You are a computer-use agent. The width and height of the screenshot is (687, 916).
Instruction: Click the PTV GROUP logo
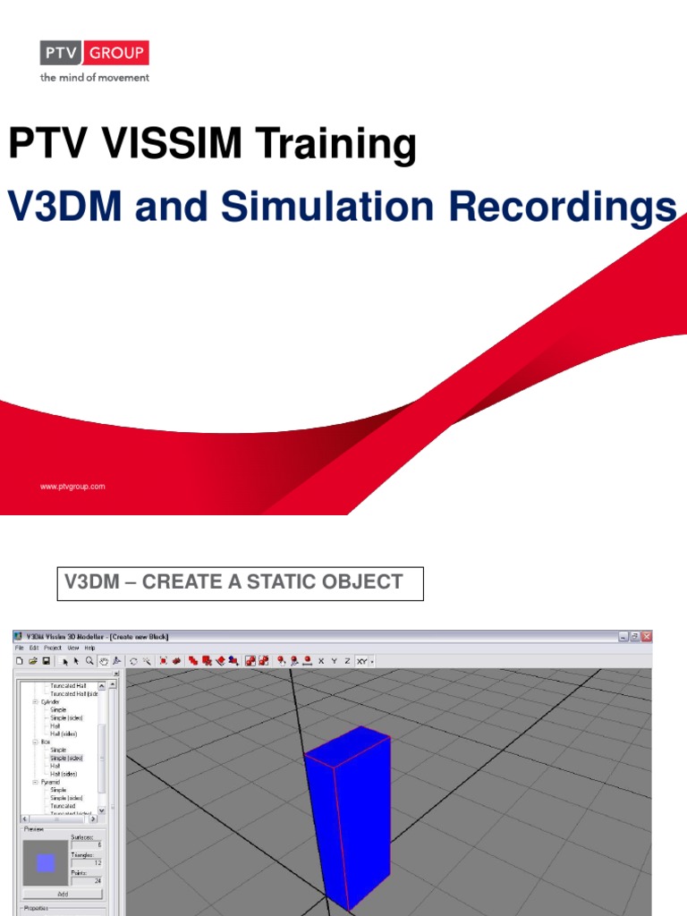(x=94, y=54)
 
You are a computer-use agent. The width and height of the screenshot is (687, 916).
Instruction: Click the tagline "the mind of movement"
(x=94, y=78)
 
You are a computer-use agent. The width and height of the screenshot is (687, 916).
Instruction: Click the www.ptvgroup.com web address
(x=72, y=487)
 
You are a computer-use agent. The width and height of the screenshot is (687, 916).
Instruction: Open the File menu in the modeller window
(x=19, y=648)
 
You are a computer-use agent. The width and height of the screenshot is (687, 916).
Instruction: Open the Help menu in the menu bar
(x=89, y=648)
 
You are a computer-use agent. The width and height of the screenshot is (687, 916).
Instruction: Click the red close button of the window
(x=647, y=636)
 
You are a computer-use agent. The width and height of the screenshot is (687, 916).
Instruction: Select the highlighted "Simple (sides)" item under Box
(x=67, y=758)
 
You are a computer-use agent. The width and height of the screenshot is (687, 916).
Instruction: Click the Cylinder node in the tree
(x=52, y=701)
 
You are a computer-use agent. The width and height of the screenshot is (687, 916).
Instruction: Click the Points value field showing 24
(x=87, y=881)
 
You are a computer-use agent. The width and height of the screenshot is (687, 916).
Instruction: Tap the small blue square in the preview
(x=46, y=863)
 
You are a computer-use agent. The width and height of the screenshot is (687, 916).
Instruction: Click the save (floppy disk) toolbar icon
(x=46, y=661)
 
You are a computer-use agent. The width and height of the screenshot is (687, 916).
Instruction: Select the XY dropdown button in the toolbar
(x=363, y=661)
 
